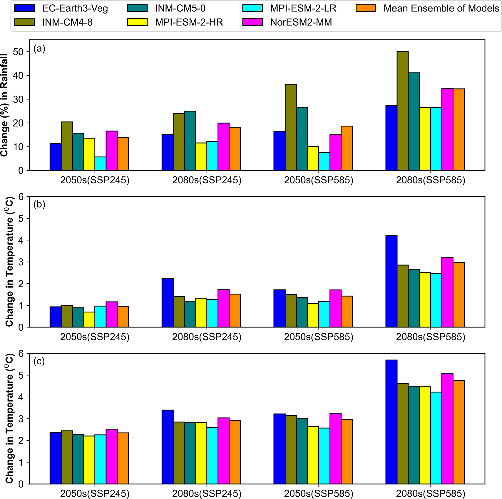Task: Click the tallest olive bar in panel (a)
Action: (402, 111)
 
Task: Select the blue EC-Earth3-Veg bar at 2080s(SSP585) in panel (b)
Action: (391, 281)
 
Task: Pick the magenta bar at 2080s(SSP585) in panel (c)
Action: (447, 429)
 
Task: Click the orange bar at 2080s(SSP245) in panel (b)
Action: (235, 310)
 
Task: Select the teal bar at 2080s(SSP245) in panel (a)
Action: (190, 141)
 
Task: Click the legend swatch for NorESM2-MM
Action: (252, 22)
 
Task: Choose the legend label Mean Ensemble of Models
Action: (441, 8)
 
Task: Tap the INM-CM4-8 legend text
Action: (67, 22)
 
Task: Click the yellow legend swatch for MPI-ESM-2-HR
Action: (137, 22)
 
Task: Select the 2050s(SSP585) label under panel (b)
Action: (319, 337)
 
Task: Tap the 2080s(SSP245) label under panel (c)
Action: (207, 494)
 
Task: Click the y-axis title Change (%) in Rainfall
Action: (5, 105)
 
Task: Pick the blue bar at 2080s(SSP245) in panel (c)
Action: (168, 447)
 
